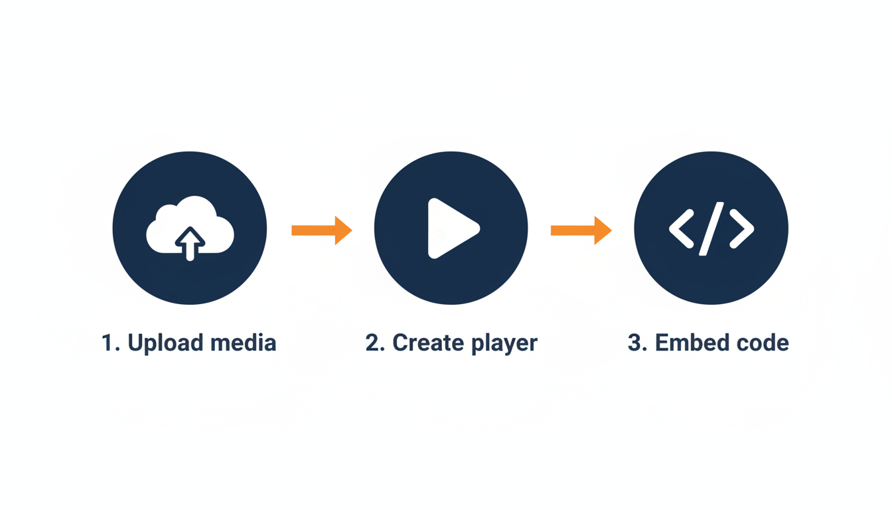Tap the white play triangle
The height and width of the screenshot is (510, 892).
pos(449,228)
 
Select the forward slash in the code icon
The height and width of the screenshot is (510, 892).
pos(711,229)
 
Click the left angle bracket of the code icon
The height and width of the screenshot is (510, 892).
pos(682,229)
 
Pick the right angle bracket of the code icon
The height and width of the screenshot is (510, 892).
pos(741,229)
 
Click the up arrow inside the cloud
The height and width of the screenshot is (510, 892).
pos(190,243)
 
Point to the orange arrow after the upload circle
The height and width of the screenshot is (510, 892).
pos(321,230)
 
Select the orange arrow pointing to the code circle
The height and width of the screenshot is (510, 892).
pos(581,230)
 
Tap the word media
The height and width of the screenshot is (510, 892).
pos(242,343)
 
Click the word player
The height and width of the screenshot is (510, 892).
pos(504,344)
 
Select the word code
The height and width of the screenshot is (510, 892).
pos(759,343)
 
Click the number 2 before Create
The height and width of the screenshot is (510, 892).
pos(372,343)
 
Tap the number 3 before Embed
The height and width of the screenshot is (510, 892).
pos(635,343)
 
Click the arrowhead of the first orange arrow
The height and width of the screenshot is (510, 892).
pos(342,230)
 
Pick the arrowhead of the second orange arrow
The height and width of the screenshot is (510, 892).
pos(602,230)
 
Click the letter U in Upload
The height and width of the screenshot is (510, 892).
pos(136,343)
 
